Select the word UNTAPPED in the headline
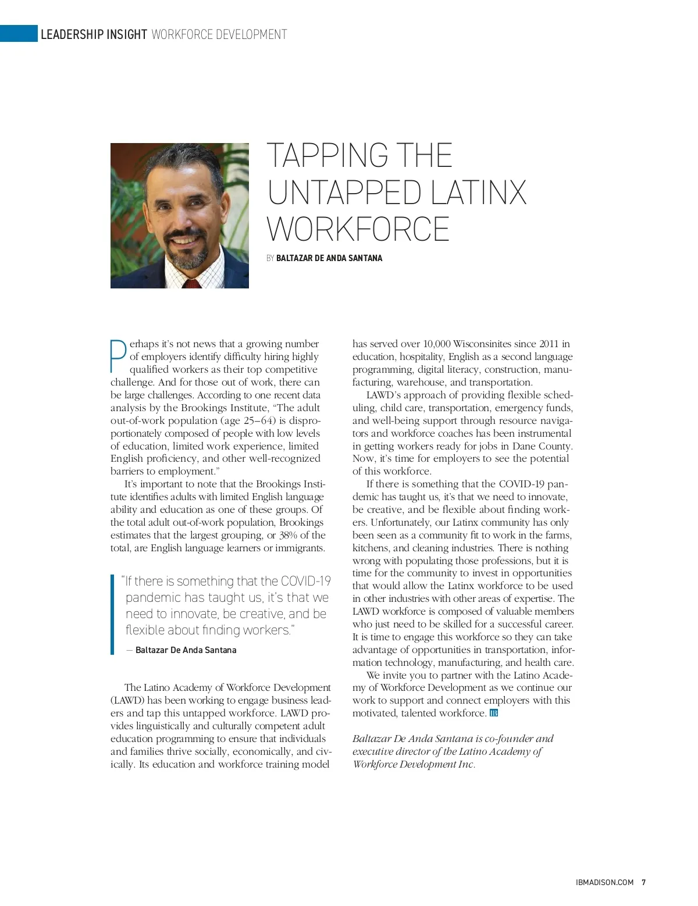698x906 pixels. (344, 192)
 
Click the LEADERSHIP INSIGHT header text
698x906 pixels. (93, 35)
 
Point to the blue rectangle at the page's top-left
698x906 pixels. (19, 34)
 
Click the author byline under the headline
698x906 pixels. (329, 258)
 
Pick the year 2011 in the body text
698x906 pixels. (549, 344)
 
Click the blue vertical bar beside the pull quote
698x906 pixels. (112, 615)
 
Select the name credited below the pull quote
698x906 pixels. (186, 650)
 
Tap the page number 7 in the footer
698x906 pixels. (643, 882)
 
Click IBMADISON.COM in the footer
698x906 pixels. (604, 882)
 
